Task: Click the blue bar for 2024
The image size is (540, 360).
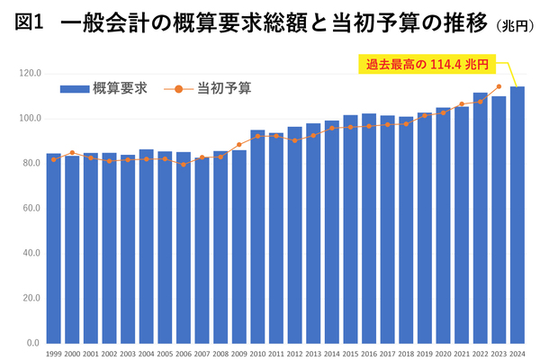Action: pyautogui.click(x=517, y=216)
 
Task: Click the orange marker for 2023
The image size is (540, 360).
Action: pyautogui.click(x=499, y=87)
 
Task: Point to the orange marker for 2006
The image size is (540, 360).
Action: pyautogui.click(x=184, y=165)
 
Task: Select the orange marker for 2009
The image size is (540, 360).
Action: pyautogui.click(x=239, y=145)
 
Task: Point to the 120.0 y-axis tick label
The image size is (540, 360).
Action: pyautogui.click(x=30, y=73)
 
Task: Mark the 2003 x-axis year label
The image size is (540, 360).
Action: pyautogui.click(x=128, y=353)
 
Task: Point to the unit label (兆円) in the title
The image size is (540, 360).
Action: pyautogui.click(x=515, y=27)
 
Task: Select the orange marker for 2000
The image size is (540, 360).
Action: pyautogui.click(x=72, y=153)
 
